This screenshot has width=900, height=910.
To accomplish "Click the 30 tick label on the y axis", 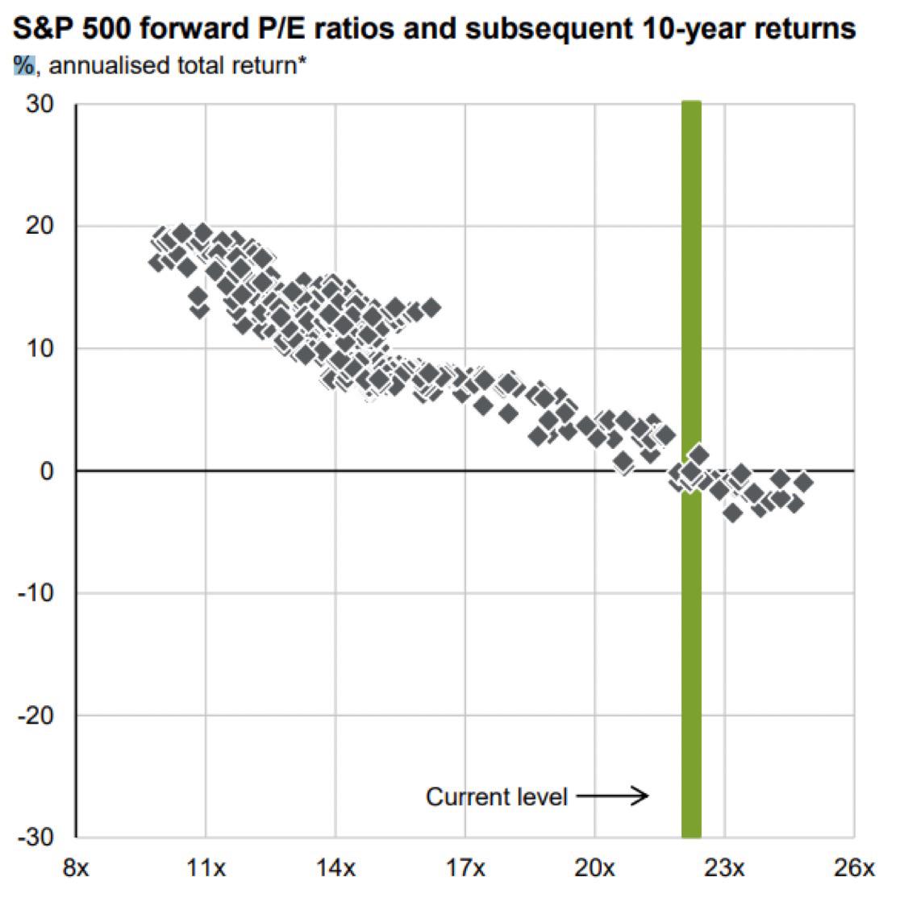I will [40, 106].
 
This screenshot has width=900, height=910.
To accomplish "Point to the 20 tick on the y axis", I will [40, 226].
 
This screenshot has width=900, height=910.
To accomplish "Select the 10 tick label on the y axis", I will [40, 349].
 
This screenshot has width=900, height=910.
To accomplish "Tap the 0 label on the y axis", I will [47, 471].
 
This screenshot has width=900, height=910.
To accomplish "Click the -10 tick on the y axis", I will [36, 593].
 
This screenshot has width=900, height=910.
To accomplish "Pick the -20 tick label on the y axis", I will [36, 716].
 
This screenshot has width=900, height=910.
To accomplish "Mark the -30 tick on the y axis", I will [36, 837].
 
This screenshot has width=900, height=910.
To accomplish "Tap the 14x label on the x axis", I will [335, 869].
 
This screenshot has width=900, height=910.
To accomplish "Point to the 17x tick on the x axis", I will [465, 869].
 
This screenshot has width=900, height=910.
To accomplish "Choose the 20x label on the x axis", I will [594, 869].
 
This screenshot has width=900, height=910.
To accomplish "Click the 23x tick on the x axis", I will [724, 869].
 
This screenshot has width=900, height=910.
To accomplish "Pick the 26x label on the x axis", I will [853, 869].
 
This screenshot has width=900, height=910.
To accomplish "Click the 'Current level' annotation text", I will [496, 797].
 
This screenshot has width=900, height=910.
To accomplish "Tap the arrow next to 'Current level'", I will [613, 797].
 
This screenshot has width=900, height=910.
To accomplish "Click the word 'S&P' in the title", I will [41, 29].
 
